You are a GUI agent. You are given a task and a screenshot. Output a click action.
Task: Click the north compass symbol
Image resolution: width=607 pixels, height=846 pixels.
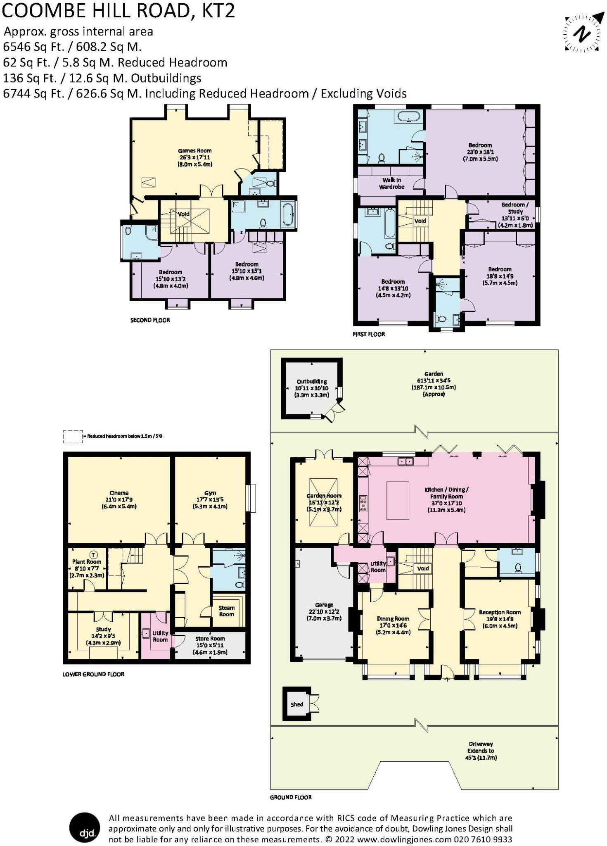tap(582, 34)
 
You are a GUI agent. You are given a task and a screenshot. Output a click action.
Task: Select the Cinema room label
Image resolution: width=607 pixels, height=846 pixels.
tap(119, 499)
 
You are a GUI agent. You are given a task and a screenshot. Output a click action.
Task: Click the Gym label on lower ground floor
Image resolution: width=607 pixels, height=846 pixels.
tap(210, 499)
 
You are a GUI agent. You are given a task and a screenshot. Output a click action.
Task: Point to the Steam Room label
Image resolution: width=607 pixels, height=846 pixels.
tap(226, 611)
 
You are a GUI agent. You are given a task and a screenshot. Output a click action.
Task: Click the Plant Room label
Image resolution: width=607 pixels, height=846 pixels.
tap(87, 568)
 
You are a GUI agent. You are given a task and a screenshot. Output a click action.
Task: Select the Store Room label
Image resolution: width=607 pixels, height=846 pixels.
tap(210, 645)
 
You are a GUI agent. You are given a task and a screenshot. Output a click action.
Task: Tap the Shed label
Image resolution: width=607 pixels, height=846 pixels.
tap(297, 704)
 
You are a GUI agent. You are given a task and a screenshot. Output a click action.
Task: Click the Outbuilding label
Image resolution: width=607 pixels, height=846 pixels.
tap(312, 388)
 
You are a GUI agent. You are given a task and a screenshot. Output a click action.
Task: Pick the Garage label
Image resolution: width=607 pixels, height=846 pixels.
tap(324, 611)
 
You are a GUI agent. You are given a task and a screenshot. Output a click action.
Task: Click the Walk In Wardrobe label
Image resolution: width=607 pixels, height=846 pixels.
tap(391, 183)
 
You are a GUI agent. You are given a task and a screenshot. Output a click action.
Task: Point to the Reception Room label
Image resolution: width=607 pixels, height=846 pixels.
tap(500, 618)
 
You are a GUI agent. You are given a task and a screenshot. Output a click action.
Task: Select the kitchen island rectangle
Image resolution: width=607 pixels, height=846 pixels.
tap(398, 501)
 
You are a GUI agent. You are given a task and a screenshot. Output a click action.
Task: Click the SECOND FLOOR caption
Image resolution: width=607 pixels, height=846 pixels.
tap(150, 320)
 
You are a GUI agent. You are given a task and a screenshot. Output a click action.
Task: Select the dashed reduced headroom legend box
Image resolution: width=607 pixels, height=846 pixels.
tap(73, 437)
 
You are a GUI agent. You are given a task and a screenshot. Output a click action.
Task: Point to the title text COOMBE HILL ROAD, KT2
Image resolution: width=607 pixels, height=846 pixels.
tap(119, 11)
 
